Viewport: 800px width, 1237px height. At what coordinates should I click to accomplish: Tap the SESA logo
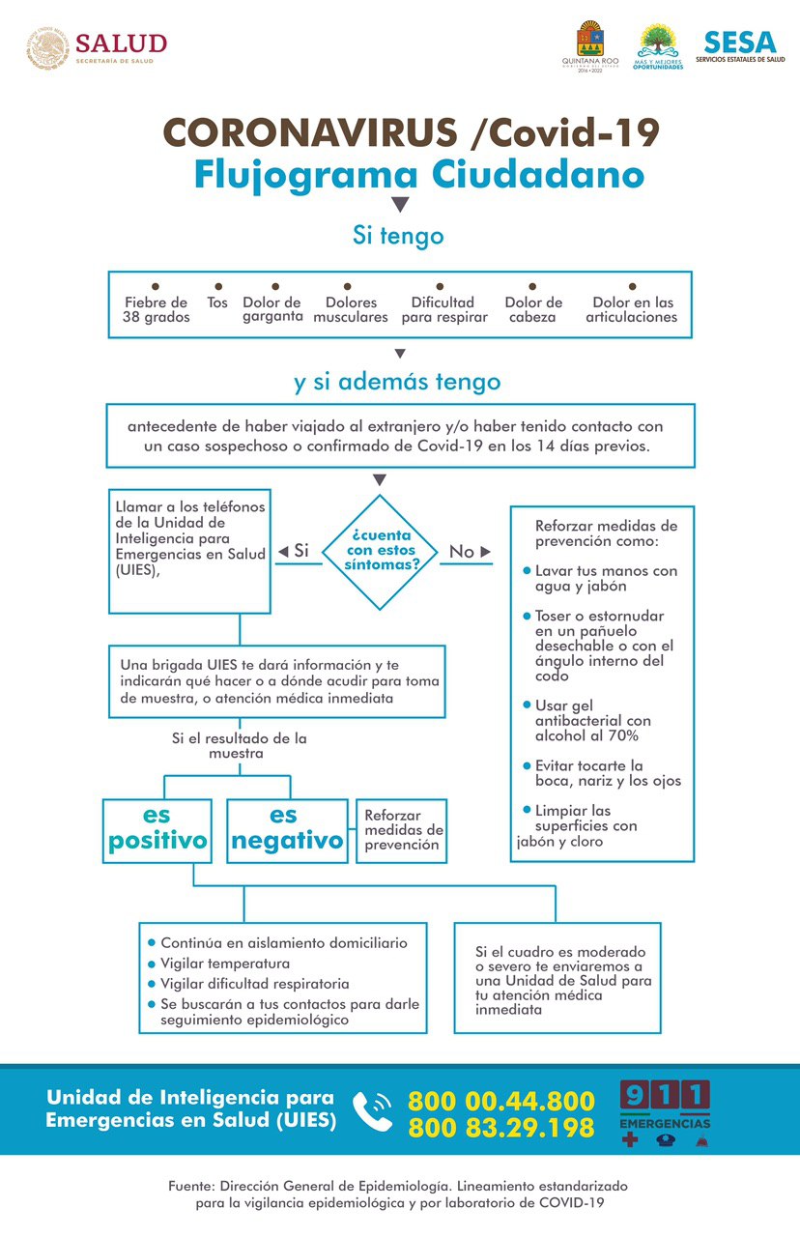click(740, 46)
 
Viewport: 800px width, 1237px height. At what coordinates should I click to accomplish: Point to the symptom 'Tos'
click(217, 302)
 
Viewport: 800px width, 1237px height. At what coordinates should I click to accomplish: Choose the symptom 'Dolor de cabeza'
click(533, 309)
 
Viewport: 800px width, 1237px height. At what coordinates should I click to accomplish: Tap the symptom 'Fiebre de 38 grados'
click(156, 309)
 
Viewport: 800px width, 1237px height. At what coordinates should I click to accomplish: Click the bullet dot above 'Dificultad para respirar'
click(441, 287)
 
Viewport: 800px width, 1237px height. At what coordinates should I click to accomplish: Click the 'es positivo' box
click(157, 830)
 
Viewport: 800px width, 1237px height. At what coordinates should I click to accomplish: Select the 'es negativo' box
click(287, 830)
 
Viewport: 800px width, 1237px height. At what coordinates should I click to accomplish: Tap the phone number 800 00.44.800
click(500, 1101)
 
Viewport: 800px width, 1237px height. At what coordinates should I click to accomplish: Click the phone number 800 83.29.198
click(500, 1127)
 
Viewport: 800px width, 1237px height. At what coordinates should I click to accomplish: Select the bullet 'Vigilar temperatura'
click(224, 964)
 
